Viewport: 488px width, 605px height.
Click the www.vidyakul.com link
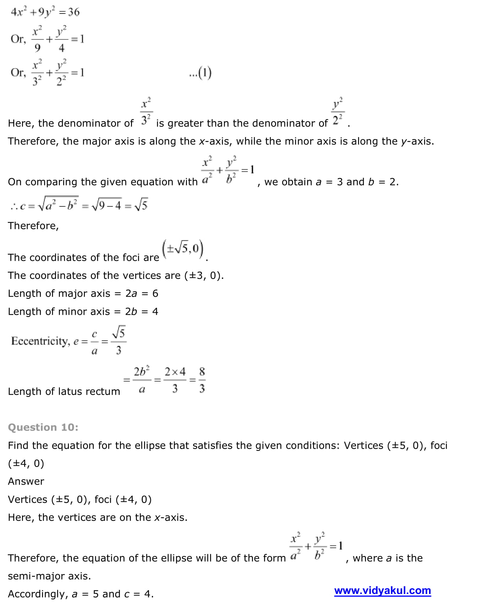point(382,590)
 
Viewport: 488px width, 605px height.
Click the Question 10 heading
point(43,427)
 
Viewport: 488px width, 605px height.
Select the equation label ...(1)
point(201,73)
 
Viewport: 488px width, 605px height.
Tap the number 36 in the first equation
point(74,12)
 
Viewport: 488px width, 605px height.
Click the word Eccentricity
point(40,341)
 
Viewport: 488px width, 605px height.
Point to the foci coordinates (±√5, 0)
point(183,249)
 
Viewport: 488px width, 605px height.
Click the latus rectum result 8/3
point(202,380)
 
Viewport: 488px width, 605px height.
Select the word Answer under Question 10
point(26,481)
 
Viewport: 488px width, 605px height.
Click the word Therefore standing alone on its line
point(33,226)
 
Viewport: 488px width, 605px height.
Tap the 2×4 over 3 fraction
point(175,380)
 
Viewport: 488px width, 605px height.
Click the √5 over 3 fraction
point(119,341)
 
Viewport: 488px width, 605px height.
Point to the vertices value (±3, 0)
point(204,276)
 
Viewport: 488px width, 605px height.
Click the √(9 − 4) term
point(106,205)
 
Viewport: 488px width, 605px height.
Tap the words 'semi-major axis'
point(49,576)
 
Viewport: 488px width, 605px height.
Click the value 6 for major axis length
point(155,293)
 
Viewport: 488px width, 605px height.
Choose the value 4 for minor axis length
point(155,312)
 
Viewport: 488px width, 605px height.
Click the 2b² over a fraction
point(142,380)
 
